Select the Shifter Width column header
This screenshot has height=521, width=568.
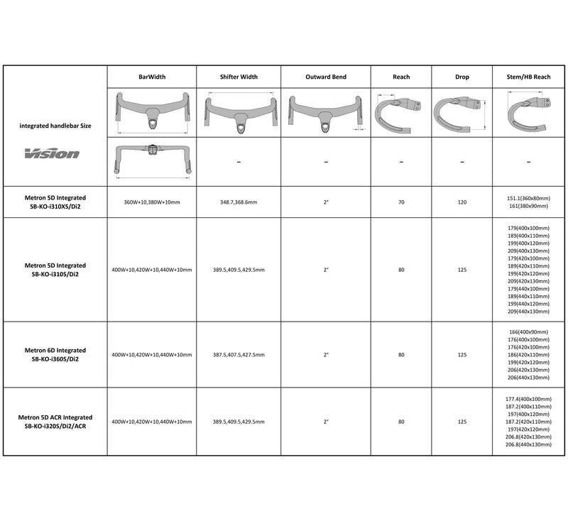(238, 77)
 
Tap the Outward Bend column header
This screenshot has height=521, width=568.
(326, 77)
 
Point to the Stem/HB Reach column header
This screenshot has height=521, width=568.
(530, 77)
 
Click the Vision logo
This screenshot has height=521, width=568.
(54, 153)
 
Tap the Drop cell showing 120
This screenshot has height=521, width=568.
(461, 202)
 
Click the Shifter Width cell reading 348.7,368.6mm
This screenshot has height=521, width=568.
(238, 202)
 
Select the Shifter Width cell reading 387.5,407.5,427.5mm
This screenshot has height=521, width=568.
(238, 354)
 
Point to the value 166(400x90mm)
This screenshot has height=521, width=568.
(530, 332)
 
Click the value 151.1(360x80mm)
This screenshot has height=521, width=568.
(530, 199)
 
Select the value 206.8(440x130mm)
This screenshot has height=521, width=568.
(530, 444)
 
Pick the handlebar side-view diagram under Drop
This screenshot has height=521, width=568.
(460, 111)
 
